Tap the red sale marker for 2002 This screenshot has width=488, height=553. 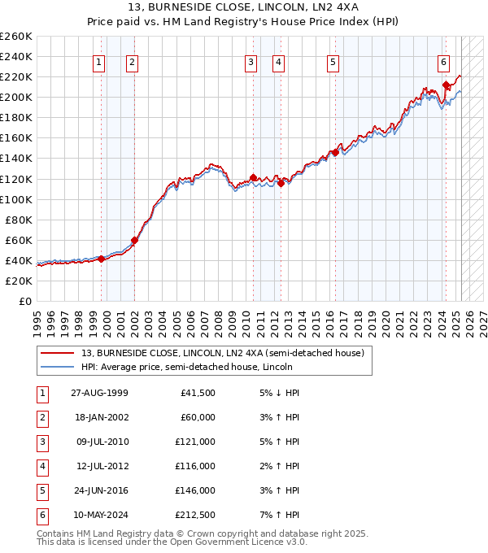click(x=135, y=240)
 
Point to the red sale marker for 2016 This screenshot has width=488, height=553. click(x=335, y=152)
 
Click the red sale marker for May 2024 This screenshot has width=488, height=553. click(x=446, y=85)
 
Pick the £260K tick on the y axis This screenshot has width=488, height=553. click(x=16, y=37)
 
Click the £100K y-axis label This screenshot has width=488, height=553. click(x=16, y=199)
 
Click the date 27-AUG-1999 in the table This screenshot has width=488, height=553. click(x=99, y=393)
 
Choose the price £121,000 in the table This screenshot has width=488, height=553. click(x=195, y=442)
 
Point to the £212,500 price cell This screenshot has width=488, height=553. click(x=195, y=515)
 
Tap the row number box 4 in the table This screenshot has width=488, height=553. click(x=40, y=466)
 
